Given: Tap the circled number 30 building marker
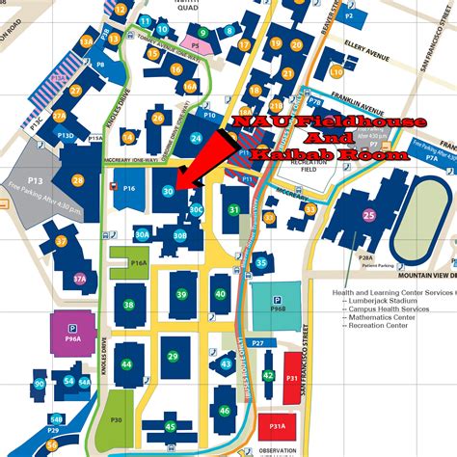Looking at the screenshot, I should pyautogui.click(x=169, y=192).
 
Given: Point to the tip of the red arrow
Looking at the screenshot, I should pyautogui.click(x=176, y=182).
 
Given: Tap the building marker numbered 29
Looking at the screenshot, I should pyautogui.click(x=174, y=357).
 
